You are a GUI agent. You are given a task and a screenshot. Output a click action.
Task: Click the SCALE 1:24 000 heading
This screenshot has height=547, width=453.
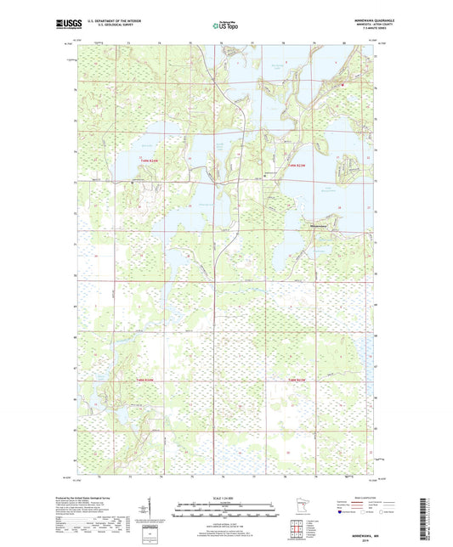tap(224, 498)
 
